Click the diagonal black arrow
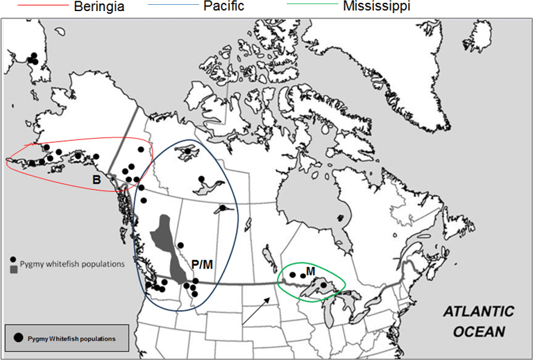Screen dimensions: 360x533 pos(257,309)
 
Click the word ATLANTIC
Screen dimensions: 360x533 pos(479,311)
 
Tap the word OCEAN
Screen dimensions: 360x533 pos(480,331)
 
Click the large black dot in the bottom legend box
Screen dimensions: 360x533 pos(17,337)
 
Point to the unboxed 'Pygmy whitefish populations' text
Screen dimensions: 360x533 pos(72,264)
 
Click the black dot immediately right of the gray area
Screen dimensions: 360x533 pos(180,245)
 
